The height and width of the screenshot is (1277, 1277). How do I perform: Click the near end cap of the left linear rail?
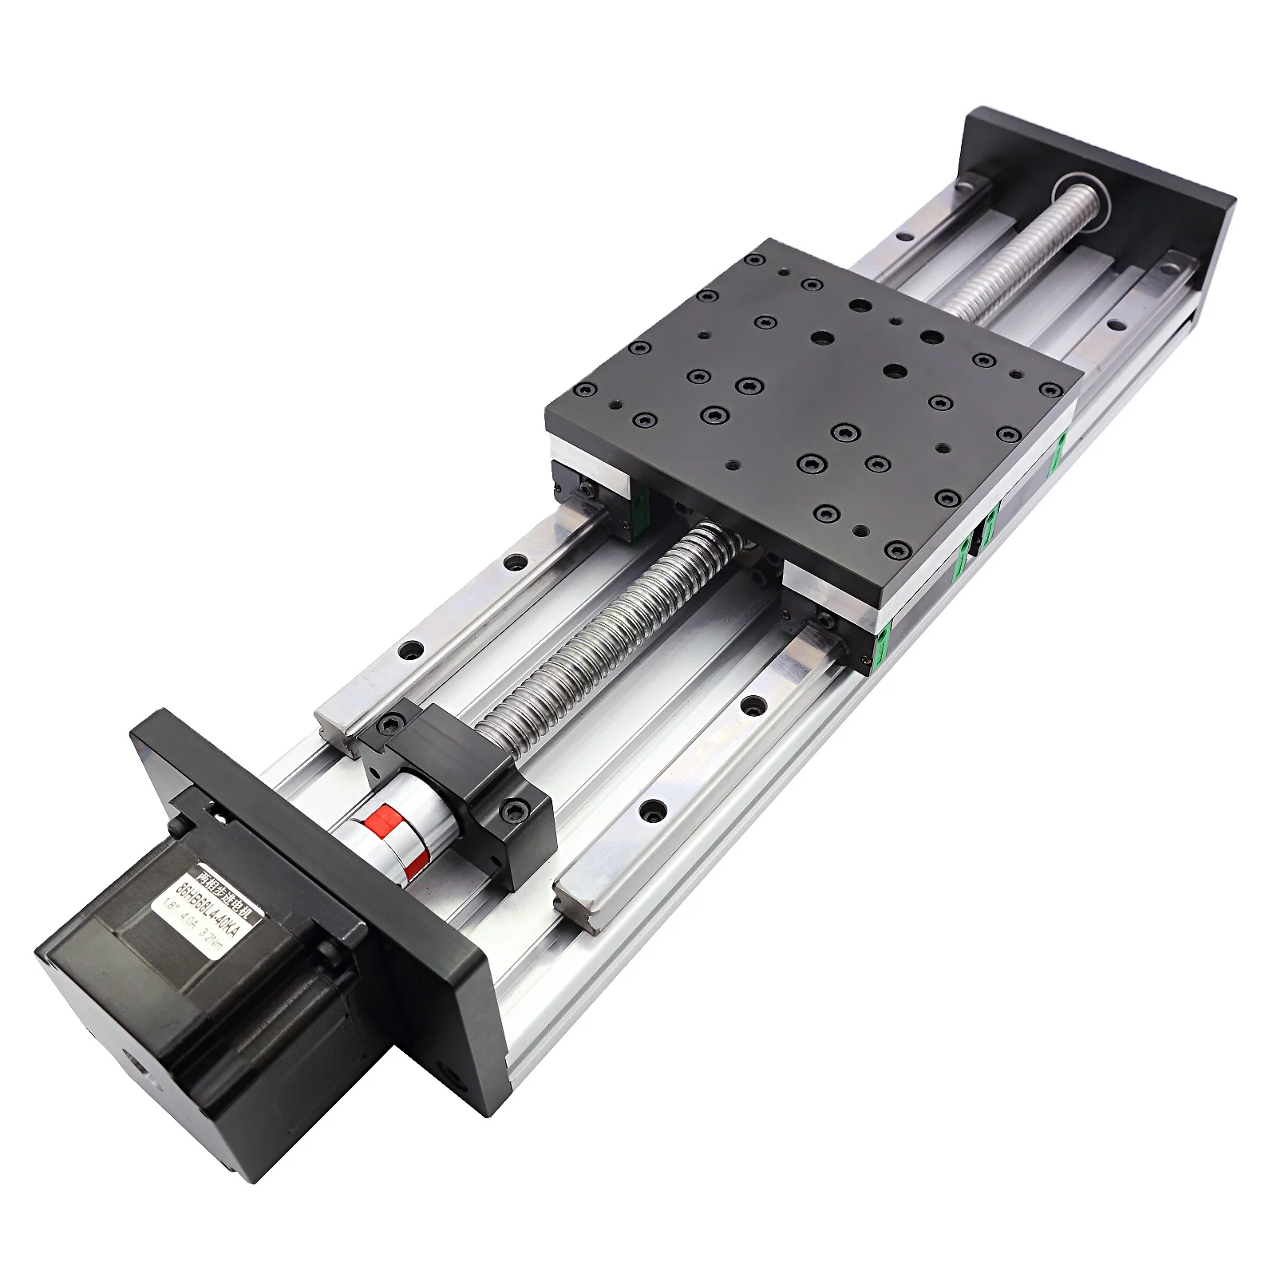[x=335, y=722]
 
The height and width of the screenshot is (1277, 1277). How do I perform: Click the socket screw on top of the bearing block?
[x=392, y=723]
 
